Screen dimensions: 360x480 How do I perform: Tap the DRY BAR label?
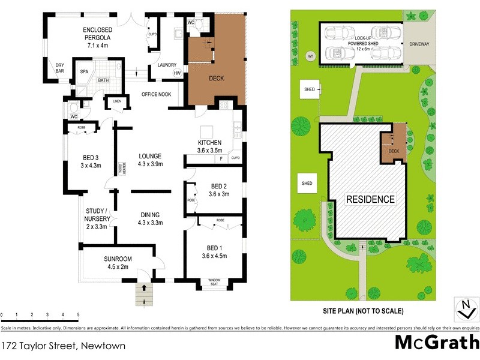[60, 68]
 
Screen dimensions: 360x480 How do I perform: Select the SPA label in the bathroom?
[84, 71]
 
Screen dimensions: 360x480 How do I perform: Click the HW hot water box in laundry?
[177, 74]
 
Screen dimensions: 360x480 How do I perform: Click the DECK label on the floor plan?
[216, 79]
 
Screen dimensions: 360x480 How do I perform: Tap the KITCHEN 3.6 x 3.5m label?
[210, 146]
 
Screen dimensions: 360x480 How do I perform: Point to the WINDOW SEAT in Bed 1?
[214, 282]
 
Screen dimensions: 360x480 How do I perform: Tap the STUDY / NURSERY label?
[97, 218]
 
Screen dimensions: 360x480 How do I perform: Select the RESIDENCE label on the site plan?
[370, 199]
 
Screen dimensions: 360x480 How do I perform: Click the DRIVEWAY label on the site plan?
[420, 44]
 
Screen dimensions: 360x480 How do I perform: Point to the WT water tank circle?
[310, 56]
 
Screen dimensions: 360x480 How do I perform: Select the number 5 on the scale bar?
[78, 314]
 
